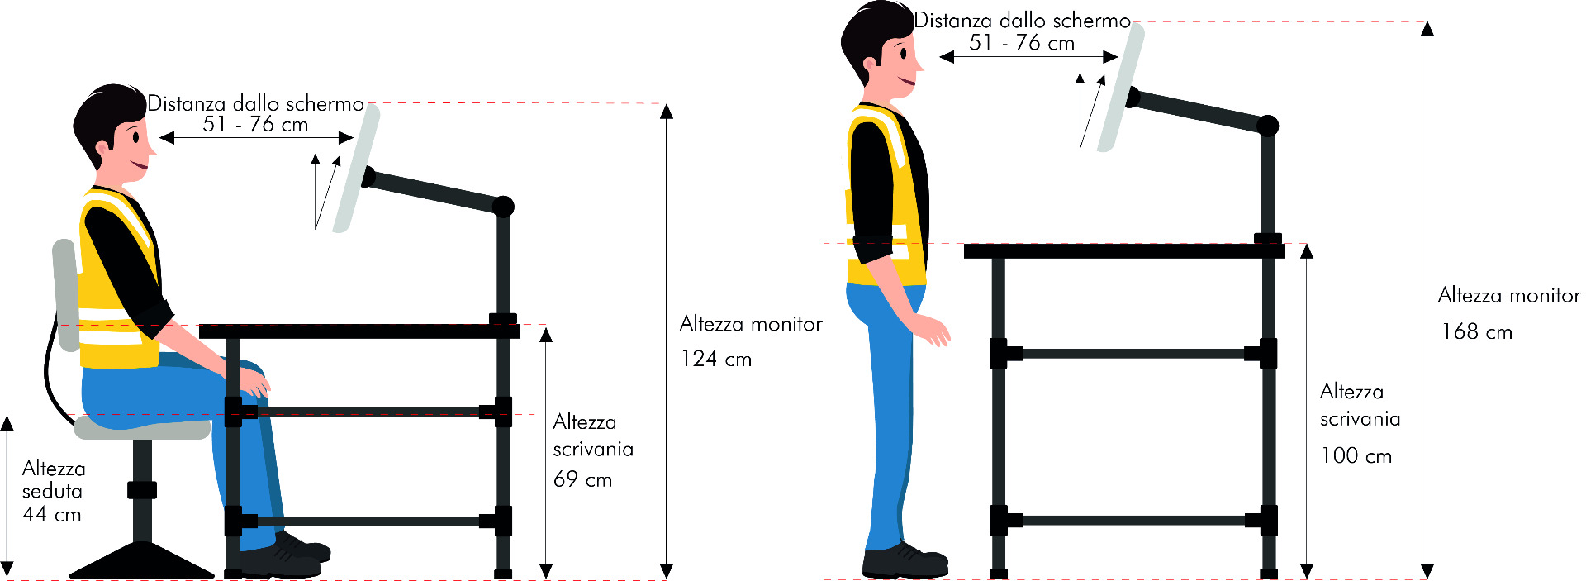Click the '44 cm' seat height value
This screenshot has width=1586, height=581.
(51, 514)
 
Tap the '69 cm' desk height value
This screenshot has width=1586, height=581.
(582, 479)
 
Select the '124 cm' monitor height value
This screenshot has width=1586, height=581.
(716, 359)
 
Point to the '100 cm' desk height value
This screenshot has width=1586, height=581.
(1356, 455)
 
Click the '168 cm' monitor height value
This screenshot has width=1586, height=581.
(1477, 331)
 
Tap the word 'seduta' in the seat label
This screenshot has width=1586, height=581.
(52, 491)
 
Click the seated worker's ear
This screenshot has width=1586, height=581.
(103, 150)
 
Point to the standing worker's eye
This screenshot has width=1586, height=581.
(904, 55)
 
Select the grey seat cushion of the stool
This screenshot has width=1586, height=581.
(142, 427)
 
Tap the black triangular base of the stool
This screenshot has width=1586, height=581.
(142, 561)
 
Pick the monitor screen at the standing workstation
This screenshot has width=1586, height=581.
(1121, 88)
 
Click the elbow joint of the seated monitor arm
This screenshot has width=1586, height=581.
(503, 206)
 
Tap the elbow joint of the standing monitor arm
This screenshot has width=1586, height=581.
(1267, 126)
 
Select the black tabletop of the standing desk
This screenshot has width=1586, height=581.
(1124, 251)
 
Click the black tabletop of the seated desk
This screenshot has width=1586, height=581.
(359, 331)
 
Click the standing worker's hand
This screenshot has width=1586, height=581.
(935, 331)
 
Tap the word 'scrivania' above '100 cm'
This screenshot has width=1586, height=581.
(1360, 419)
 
